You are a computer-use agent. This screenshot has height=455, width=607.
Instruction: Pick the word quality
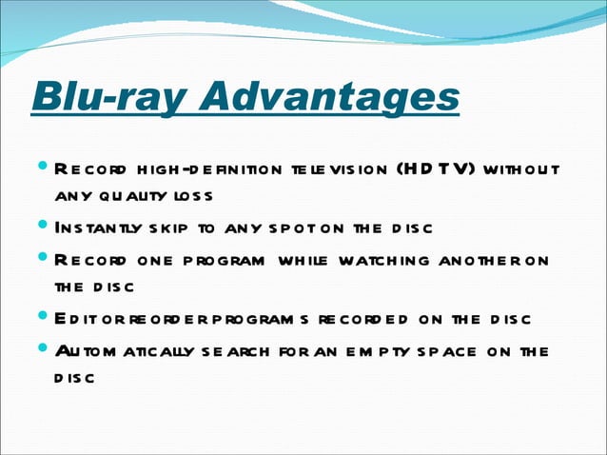(132, 196)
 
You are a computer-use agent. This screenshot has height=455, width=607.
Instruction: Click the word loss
(191, 196)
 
